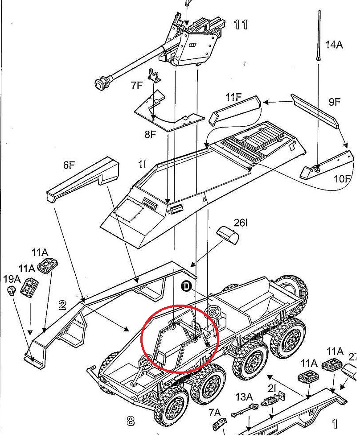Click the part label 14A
click(x=334, y=45)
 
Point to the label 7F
click(x=137, y=85)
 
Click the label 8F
click(x=150, y=133)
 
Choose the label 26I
click(x=240, y=222)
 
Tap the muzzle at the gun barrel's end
click(x=102, y=83)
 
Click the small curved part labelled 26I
click(x=228, y=235)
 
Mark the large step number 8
click(x=130, y=420)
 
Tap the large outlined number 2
click(x=62, y=305)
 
